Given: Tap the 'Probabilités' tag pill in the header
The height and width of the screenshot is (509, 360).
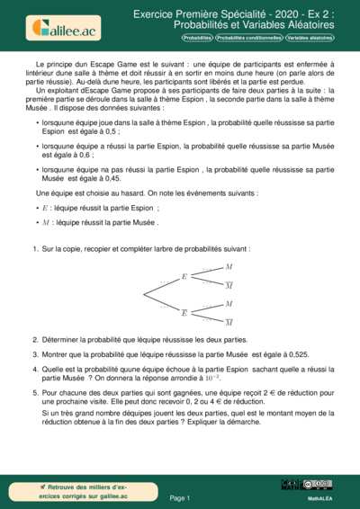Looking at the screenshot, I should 197,39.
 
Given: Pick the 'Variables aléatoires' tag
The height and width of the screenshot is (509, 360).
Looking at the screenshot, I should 310,39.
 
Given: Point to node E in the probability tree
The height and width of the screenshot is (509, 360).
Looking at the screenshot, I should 184,277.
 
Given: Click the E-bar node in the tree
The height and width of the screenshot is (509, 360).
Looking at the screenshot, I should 184,312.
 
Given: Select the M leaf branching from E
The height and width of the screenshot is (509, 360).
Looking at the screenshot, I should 229,267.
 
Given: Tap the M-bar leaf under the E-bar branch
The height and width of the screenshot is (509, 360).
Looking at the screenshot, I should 229,322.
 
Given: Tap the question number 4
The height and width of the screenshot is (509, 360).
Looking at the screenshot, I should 34,368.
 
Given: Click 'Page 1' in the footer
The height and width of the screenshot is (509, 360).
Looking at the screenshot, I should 180,496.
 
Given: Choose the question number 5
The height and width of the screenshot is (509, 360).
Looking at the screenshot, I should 34,393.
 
